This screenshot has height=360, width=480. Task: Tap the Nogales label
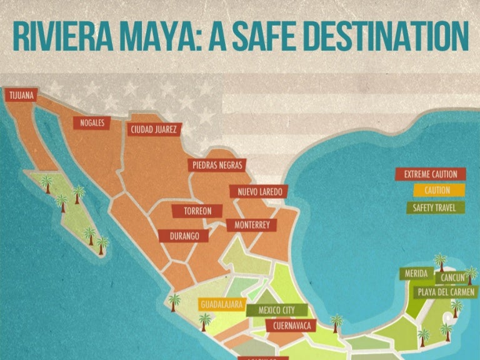pos(92,122)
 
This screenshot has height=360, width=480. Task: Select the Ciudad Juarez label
pos(154,130)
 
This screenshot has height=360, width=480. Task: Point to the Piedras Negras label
pos(217,165)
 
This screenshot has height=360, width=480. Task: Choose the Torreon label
pos(197,211)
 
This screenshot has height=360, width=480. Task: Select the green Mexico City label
pos(277,310)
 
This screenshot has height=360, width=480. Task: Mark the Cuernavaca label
pos(291,326)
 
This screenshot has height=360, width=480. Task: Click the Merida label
pos(416,274)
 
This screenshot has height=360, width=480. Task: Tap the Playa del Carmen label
pos(444,292)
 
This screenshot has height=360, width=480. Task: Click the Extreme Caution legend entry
pos(430,174)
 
